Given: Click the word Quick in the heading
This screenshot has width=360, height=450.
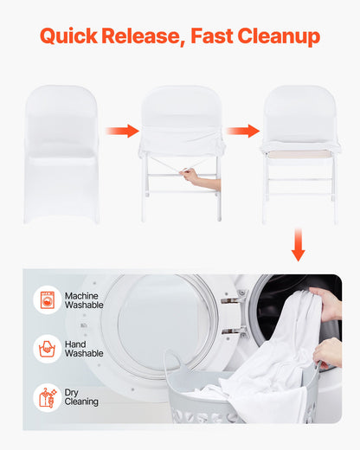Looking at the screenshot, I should point(68,36).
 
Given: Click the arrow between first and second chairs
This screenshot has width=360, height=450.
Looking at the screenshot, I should point(122,132).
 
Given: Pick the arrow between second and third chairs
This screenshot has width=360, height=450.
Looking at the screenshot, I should point(243,132).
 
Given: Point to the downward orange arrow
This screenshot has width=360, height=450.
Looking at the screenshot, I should point(298,244).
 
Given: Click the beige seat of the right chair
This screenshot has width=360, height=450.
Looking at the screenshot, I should point(299,153).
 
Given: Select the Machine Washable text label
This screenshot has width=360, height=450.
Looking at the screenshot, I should point(85,301).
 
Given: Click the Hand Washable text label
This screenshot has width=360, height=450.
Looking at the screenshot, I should point(84,349).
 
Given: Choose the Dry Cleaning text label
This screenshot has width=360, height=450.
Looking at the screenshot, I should point(81,397).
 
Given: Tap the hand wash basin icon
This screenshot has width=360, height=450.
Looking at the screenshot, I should point(47,349).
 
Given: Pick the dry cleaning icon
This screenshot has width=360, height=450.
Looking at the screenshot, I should point(47,397).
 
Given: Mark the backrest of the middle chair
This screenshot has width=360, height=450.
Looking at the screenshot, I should point(182,108).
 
